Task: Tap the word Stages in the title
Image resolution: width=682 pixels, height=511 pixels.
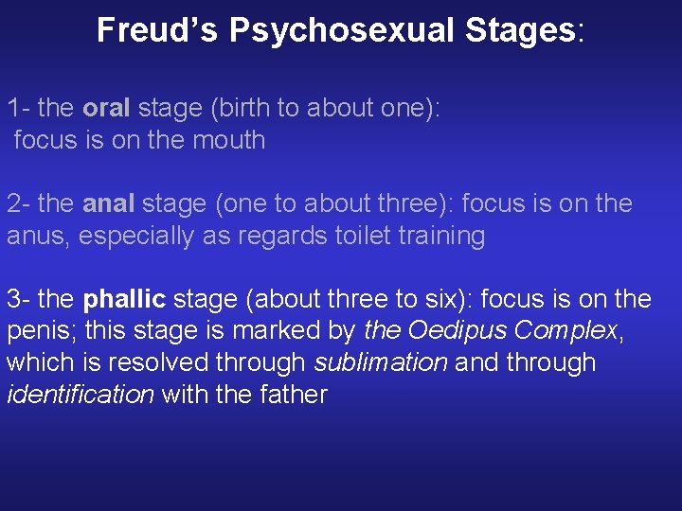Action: point(520,31)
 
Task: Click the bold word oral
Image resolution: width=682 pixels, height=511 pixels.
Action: point(106,108)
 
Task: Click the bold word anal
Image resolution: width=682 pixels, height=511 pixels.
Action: point(109,203)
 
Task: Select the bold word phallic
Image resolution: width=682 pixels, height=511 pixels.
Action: point(124,300)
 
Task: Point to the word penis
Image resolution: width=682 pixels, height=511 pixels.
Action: point(38,331)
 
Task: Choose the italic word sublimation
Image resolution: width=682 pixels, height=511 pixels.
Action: point(381,363)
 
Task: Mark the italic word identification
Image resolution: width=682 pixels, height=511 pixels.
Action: point(80,395)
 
